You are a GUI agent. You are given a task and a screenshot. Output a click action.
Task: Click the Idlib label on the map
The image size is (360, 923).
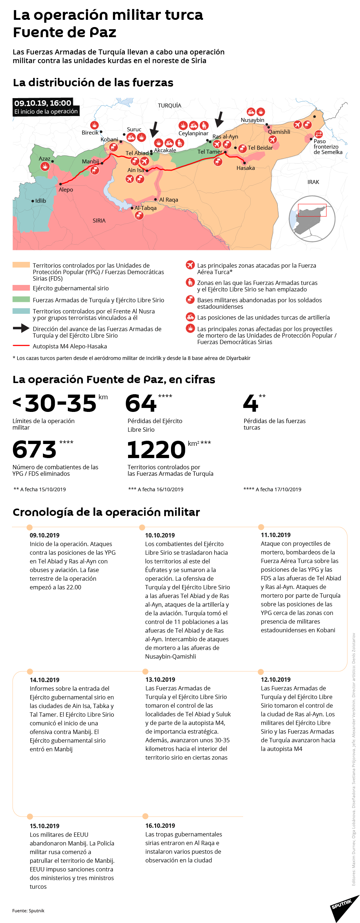40,201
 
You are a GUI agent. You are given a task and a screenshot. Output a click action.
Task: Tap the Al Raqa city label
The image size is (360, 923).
168,200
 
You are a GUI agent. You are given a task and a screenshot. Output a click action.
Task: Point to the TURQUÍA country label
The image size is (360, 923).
170,106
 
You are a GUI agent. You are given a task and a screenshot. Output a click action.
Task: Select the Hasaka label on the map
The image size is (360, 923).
246,168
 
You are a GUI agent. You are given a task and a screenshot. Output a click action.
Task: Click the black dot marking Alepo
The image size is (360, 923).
60,184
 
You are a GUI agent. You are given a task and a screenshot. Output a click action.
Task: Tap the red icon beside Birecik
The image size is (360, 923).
95,125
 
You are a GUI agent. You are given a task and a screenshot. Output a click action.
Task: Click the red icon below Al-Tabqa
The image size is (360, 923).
139,216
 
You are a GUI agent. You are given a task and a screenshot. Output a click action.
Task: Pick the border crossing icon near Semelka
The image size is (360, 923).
318,134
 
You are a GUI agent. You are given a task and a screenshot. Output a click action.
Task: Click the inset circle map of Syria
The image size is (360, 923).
312,219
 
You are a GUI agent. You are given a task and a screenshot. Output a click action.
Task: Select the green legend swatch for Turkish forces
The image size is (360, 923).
21,299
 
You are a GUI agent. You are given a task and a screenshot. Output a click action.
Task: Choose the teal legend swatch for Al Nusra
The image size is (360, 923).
21,311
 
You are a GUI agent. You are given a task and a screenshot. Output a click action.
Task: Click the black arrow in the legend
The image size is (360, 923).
21,328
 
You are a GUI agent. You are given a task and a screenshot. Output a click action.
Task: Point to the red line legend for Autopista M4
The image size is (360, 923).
21,346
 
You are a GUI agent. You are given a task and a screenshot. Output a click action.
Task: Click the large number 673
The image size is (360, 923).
35,449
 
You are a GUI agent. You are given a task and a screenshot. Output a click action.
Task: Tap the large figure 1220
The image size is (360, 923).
156,449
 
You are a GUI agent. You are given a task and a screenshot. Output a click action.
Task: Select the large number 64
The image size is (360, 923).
141,403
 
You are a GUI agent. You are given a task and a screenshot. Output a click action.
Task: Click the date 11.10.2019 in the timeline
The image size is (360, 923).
276,535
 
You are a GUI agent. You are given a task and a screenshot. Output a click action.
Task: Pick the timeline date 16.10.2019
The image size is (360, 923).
160,826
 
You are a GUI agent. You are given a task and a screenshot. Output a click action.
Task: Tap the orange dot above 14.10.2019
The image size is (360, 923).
30,672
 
